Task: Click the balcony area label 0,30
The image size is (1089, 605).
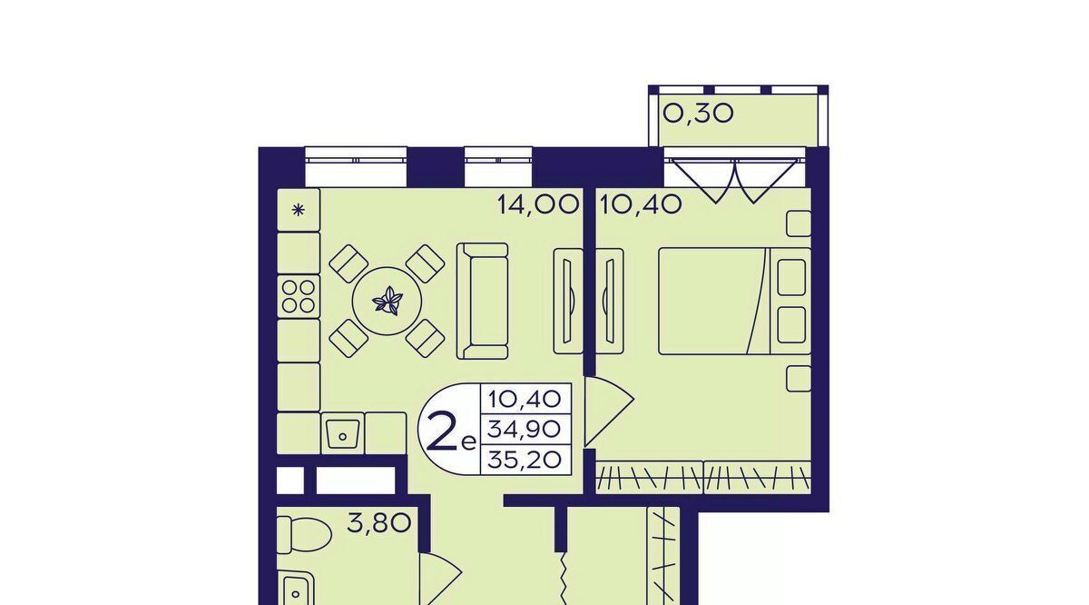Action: [698, 114]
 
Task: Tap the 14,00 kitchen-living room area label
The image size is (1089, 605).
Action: [538, 205]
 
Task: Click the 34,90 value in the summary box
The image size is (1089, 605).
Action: [525, 430]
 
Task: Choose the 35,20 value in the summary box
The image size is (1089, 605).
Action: [525, 460]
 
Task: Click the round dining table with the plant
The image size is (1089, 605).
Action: [387, 301]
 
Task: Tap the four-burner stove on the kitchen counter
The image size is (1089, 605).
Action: [299, 297]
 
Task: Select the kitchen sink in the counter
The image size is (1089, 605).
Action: [343, 433]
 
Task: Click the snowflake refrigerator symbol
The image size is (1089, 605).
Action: [298, 210]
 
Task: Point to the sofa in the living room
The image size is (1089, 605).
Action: [482, 302]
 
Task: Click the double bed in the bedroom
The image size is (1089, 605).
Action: [734, 302]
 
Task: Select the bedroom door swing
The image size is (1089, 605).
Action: [608, 412]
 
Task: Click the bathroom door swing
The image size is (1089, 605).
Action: [440, 580]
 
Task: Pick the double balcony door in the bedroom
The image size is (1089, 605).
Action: [734, 180]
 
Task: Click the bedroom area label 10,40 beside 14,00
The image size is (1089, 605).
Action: [641, 205]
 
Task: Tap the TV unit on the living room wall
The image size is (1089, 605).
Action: [568, 302]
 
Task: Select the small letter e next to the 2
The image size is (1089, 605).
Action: [467, 443]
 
